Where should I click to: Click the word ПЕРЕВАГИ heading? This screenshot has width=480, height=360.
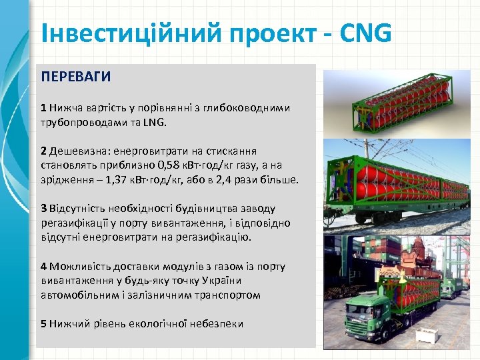click(75, 77)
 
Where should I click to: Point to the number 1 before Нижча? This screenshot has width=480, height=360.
click(43, 107)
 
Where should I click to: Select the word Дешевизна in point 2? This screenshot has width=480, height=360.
click(76, 151)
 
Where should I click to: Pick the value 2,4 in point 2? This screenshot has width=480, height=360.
click(221, 180)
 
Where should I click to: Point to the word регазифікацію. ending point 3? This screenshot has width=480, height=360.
click(217, 237)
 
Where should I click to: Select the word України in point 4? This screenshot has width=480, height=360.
click(242, 281)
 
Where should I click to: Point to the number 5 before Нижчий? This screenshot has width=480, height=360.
click(43, 323)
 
